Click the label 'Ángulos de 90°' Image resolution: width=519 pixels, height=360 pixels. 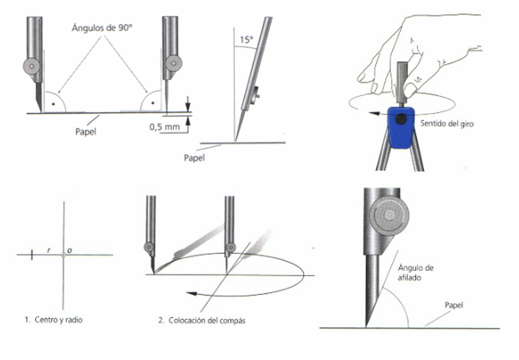coord(101,28)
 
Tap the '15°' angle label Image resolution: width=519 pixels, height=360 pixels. coord(246,40)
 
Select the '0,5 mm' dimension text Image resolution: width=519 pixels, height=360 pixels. coord(164,127)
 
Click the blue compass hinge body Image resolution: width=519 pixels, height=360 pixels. coord(401,127)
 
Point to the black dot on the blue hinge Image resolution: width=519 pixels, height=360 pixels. coord(401,119)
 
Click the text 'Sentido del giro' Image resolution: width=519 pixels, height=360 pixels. coord(447,124)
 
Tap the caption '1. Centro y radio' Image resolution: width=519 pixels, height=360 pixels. coord(53,320)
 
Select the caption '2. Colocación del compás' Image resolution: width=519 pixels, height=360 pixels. coord(201,320)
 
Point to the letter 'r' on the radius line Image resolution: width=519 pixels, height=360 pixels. coord(49,250)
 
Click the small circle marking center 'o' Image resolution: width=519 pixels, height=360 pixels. coord(64,255)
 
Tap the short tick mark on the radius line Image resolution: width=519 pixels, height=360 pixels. coord(31,255)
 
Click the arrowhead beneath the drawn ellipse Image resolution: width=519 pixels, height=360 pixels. coord(192,294)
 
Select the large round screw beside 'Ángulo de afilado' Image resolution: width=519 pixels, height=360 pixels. coord(389,216)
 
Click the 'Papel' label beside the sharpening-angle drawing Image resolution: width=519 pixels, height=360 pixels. coord(454,305)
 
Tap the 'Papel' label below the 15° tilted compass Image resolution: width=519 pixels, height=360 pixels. coord(194,158)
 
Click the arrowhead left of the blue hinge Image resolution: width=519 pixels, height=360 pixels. coord(374,114)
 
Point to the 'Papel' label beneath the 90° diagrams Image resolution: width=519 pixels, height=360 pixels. coord(86,131)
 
